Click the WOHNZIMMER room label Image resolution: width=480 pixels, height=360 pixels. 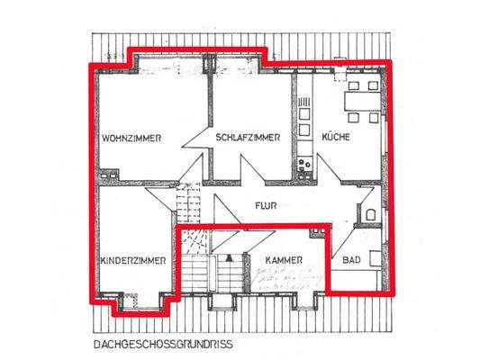pos(131,138)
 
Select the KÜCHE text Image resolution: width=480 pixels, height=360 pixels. pos(336,138)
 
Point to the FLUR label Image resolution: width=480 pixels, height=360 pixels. pos(265,205)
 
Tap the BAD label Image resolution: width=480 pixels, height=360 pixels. pos(351,261)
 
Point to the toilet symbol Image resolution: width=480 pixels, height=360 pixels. pos(370,215)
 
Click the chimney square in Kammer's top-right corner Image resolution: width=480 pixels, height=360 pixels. pos(317,231)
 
